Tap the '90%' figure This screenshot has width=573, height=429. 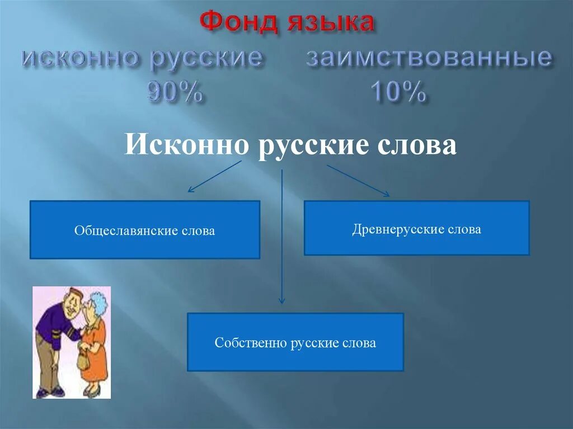pos(175,91)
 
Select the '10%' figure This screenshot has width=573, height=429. pos(397,91)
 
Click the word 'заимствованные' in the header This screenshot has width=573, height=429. pos(429,59)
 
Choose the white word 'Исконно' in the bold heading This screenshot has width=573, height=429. pos(186,145)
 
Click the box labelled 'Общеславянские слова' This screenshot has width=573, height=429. pos(144,230)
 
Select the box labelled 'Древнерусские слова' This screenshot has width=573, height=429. pos(416,228)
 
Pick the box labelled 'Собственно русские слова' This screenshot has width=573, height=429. pos(295,342)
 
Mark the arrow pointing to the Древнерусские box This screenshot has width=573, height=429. pos(358,180)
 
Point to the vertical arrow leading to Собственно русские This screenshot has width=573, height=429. pos(282,235)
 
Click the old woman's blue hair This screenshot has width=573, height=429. pos(99,302)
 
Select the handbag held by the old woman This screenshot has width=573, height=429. pos(83,360)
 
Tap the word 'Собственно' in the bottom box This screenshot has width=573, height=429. pos(251,343)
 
